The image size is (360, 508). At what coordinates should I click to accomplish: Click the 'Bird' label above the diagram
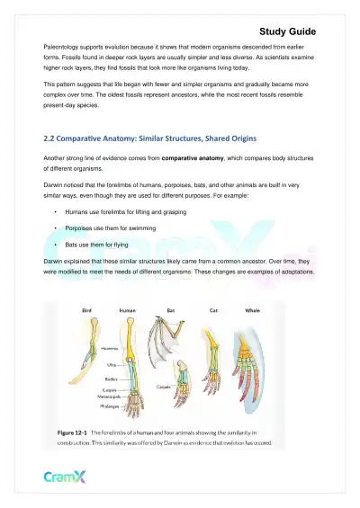(x=87, y=309)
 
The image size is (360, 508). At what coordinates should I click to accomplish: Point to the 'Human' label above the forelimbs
(x=128, y=309)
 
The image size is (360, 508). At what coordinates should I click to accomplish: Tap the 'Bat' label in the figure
(x=170, y=309)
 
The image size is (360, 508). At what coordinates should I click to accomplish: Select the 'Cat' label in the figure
(x=212, y=309)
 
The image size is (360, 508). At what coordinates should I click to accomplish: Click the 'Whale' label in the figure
(x=252, y=309)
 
